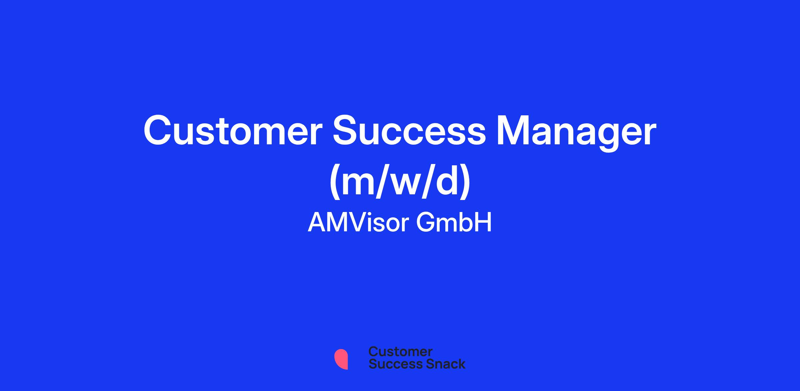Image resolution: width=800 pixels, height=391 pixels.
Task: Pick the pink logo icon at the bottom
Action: pos(341,359)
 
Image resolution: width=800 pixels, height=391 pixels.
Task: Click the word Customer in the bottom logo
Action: pos(400,352)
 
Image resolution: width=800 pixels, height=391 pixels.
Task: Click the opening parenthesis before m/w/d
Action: pos(335,183)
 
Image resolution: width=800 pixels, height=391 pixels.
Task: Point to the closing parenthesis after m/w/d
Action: pos(465,183)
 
